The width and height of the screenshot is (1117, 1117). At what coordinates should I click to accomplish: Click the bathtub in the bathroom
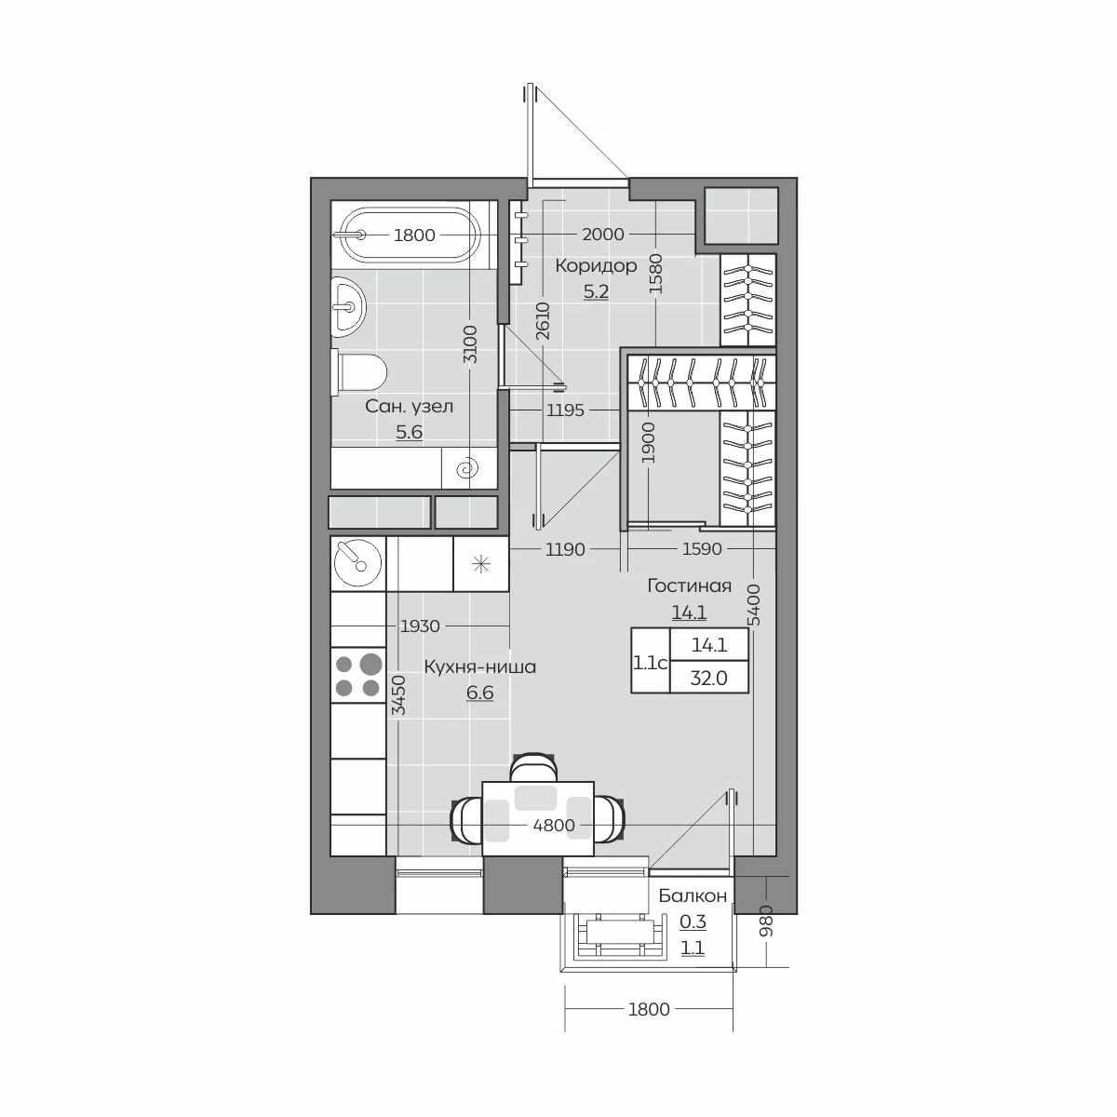410,235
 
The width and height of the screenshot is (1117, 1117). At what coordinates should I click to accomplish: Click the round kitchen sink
358,563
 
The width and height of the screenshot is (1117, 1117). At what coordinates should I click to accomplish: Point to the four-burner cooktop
358,675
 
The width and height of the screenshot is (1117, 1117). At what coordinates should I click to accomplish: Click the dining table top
538,818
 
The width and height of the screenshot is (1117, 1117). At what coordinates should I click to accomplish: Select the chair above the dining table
533,766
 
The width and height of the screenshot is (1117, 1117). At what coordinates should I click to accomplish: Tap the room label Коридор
596,265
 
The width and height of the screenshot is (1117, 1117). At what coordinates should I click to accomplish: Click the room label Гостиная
689,585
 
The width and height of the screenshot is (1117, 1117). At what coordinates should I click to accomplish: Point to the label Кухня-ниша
480,666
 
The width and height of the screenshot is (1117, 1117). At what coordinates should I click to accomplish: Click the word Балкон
693,895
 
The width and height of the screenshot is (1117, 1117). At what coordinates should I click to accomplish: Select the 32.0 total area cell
709,677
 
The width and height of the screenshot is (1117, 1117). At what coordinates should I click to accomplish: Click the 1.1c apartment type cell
651,662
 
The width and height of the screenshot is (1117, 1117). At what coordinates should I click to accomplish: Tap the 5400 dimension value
754,605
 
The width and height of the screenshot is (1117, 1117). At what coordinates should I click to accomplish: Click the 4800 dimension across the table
554,825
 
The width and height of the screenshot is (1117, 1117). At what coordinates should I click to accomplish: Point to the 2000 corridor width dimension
603,235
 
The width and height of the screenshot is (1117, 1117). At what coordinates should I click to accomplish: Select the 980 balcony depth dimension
766,921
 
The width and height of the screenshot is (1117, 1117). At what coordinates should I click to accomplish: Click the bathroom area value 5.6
410,432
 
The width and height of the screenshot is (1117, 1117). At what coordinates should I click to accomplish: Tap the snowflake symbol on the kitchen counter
481,564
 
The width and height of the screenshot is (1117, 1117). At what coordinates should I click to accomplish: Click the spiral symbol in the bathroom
467,468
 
